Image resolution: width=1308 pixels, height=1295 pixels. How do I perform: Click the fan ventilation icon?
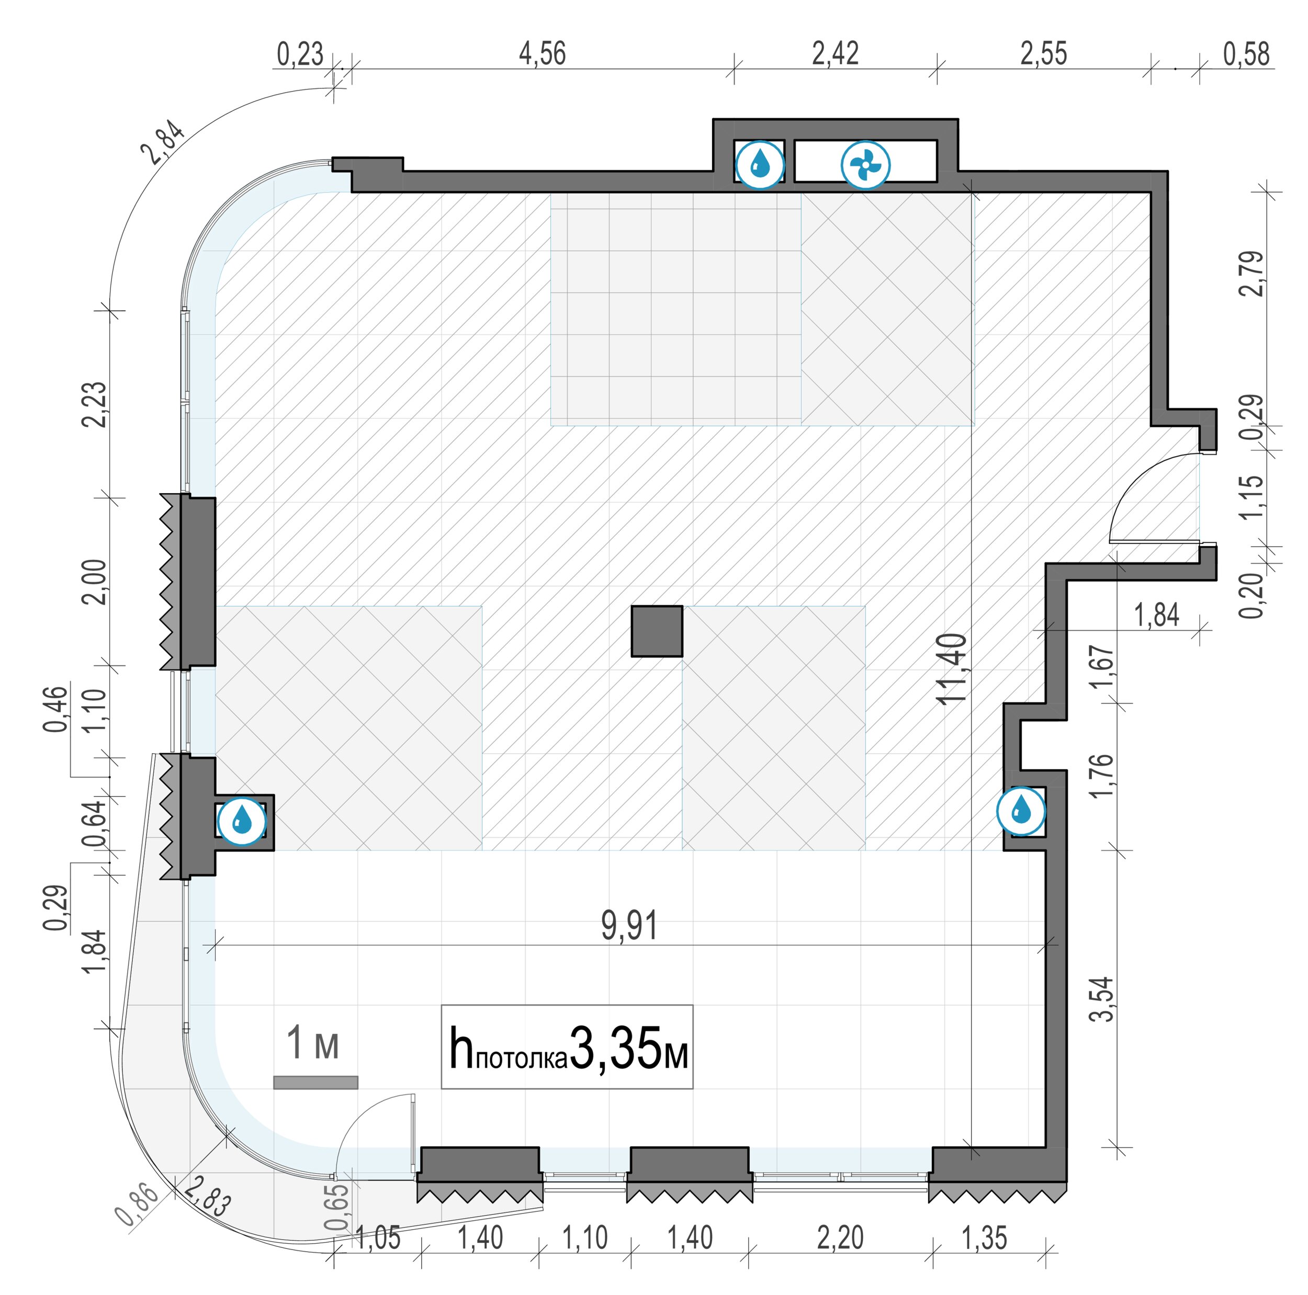(x=865, y=165)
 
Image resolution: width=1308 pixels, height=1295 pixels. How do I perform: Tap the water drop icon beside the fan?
(x=760, y=165)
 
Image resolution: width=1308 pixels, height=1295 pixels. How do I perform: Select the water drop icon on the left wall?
(x=242, y=822)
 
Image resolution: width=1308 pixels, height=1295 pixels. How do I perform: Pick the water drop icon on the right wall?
(x=1021, y=810)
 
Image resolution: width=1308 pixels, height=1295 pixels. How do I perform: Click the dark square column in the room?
(x=657, y=631)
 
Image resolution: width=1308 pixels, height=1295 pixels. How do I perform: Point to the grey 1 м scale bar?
(x=315, y=1083)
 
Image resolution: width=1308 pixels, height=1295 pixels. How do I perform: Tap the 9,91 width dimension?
(x=629, y=925)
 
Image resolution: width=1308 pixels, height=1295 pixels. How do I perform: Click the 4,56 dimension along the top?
(x=542, y=53)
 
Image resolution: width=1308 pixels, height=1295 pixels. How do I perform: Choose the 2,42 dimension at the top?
(x=836, y=53)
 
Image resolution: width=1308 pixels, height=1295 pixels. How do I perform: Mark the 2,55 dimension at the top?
(x=1044, y=53)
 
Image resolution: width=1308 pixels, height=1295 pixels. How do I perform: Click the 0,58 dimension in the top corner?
(x=1246, y=53)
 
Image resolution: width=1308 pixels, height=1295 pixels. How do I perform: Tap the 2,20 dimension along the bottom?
(x=840, y=1238)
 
